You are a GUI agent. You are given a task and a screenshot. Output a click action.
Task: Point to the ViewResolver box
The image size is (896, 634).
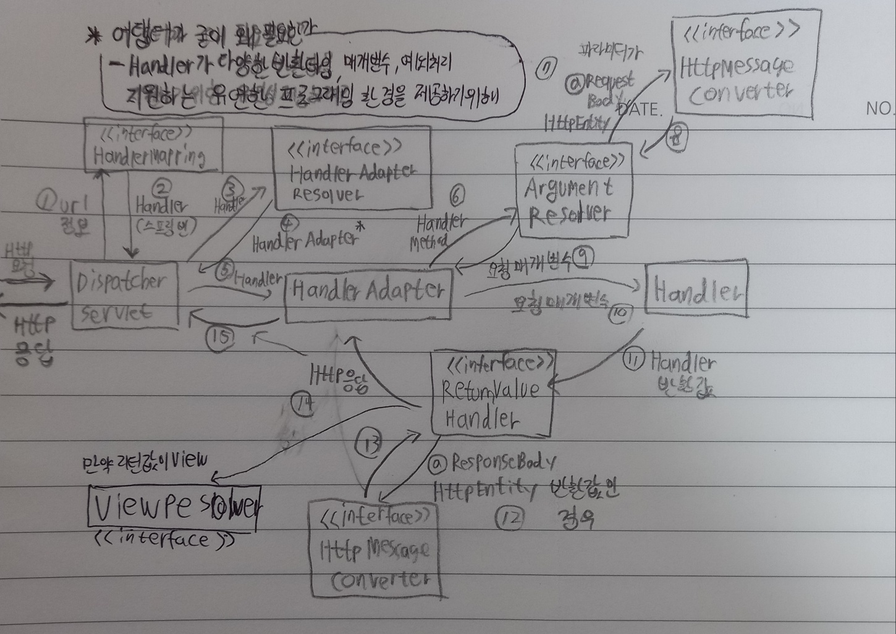(x=173, y=508)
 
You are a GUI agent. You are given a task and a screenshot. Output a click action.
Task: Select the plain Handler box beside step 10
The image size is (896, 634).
(x=696, y=289)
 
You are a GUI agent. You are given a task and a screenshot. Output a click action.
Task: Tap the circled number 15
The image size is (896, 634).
(x=221, y=337)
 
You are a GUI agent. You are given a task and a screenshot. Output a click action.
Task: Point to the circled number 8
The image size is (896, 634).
(x=677, y=139)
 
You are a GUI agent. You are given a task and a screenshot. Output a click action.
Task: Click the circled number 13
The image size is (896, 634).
(x=370, y=443)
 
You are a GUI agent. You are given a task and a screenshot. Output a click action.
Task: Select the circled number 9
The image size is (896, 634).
(x=583, y=258)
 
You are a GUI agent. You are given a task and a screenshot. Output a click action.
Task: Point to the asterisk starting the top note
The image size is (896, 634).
(x=94, y=37)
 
